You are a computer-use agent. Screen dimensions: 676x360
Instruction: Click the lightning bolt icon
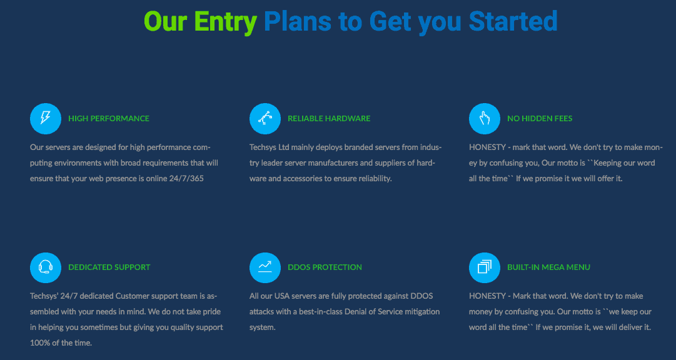[x=45, y=119]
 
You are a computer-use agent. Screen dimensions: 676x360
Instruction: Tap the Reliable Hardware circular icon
[x=265, y=119]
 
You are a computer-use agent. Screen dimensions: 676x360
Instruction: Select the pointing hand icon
[x=484, y=119]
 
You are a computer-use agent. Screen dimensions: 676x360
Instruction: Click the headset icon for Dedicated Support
[x=45, y=267]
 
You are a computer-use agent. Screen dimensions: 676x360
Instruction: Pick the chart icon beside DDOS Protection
[x=265, y=267]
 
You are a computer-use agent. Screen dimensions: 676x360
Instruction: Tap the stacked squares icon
[x=484, y=267]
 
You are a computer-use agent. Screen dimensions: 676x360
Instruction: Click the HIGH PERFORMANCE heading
[x=109, y=119]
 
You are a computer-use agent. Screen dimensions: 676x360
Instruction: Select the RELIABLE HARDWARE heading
[x=329, y=119]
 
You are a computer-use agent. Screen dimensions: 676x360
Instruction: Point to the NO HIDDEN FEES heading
[x=540, y=119]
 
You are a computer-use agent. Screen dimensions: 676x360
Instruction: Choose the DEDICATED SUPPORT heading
[x=109, y=267]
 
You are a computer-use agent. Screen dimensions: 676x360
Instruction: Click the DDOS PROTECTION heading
[x=325, y=267]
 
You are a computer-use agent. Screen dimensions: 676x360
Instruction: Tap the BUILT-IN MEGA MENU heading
[x=548, y=267]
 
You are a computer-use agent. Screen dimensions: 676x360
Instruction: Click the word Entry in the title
[x=226, y=22]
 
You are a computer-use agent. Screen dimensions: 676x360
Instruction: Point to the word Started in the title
[x=513, y=21]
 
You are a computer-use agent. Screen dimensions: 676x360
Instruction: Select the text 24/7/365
[x=186, y=179]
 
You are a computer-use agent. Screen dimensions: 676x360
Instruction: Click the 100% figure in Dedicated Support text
[x=38, y=343]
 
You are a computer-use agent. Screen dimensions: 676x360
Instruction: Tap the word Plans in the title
[x=298, y=21]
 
